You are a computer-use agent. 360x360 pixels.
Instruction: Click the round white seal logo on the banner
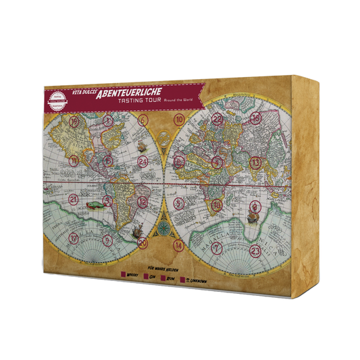[x=59, y=101]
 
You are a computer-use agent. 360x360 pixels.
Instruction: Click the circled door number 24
[x=143, y=162]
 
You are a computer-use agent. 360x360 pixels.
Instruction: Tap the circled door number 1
[x=108, y=122]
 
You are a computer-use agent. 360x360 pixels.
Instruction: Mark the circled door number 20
[x=142, y=241]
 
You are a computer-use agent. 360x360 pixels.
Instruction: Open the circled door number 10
[x=178, y=120]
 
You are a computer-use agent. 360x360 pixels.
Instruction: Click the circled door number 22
[x=217, y=120]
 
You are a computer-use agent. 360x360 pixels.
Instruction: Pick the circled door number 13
[x=255, y=162]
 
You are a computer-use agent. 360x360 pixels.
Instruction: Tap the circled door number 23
[x=254, y=251]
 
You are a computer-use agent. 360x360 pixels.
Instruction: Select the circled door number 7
[x=215, y=248]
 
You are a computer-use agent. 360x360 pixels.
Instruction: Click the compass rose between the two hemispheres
[x=162, y=230]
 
